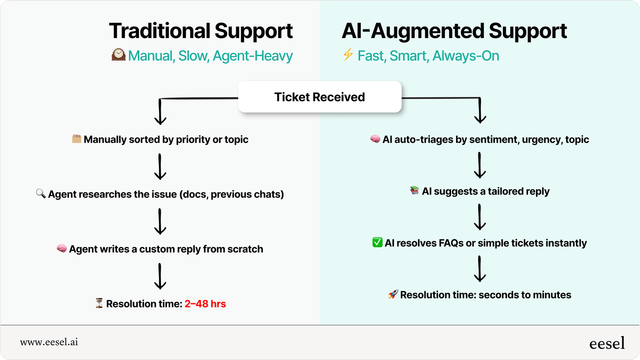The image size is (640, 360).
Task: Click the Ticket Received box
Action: coord(320,97)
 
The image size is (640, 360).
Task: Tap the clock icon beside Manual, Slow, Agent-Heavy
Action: coord(118,54)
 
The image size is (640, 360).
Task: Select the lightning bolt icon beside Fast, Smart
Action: coord(347,55)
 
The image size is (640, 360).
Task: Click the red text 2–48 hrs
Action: coord(205,304)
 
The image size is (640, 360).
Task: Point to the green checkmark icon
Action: coord(377,242)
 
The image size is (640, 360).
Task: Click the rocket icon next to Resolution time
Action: coord(393,294)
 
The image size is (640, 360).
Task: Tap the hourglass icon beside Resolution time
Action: coord(99,304)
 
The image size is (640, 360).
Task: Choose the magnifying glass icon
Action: coord(40,194)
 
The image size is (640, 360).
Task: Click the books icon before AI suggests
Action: coord(414,190)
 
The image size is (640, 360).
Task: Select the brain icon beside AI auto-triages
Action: coord(375,139)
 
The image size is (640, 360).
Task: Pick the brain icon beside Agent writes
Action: coord(62,249)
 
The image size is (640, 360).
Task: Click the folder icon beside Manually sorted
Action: coord(77,139)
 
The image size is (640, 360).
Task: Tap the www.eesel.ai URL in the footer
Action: coord(49,342)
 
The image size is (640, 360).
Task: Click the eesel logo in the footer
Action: coord(607,343)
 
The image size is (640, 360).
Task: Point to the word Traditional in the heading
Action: coord(160,31)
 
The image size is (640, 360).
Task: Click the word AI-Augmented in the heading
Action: coord(413,31)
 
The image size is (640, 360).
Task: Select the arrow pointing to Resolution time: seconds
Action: coord(480,269)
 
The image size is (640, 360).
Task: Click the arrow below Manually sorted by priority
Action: coord(160,167)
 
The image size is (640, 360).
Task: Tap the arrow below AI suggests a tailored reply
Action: coord(480,217)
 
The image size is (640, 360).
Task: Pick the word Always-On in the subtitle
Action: coord(466,56)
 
